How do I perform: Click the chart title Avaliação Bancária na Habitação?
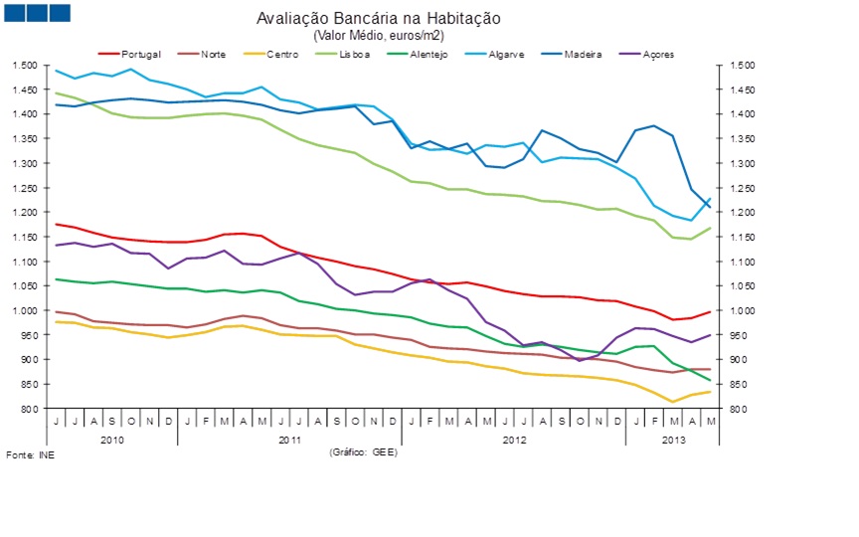click(x=379, y=19)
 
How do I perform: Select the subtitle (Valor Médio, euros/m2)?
click(x=379, y=35)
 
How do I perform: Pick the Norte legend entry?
click(x=211, y=54)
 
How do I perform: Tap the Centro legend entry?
click(x=282, y=54)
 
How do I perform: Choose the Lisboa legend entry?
click(x=353, y=54)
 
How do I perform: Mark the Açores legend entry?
click(x=657, y=54)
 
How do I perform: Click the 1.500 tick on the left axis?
click(x=25, y=65)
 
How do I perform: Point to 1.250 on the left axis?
click(x=25, y=188)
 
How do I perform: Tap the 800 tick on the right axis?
click(x=737, y=409)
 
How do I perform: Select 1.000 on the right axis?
click(x=742, y=310)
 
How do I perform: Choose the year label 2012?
click(x=513, y=439)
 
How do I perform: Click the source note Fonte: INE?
click(x=31, y=454)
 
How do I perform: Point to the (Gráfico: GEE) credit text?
click(x=362, y=451)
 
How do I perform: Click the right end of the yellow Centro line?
click(x=710, y=392)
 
